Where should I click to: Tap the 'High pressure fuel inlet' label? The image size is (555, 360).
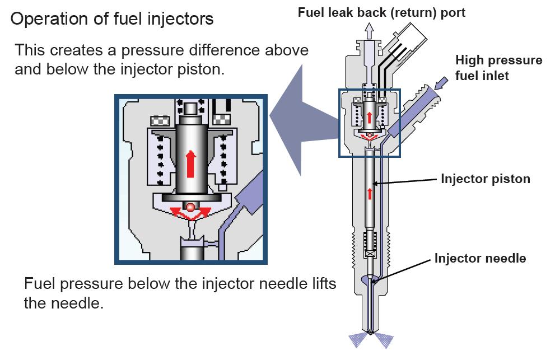[x=498, y=68]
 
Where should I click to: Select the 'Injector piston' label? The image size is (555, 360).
[x=485, y=180]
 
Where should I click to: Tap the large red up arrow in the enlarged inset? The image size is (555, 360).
[x=190, y=163]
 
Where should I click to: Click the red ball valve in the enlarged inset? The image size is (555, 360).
[x=190, y=207]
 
